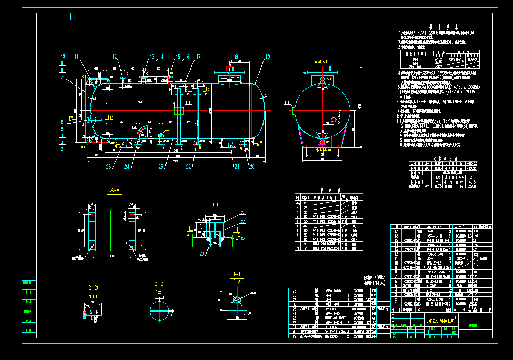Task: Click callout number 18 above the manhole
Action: [235, 57]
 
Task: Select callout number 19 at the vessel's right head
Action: [268, 57]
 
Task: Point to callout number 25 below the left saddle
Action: [109, 167]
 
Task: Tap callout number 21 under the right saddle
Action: [237, 167]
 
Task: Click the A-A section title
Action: [114, 191]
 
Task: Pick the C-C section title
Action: [159, 285]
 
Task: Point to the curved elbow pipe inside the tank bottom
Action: [140, 130]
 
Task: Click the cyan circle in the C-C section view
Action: [159, 311]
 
